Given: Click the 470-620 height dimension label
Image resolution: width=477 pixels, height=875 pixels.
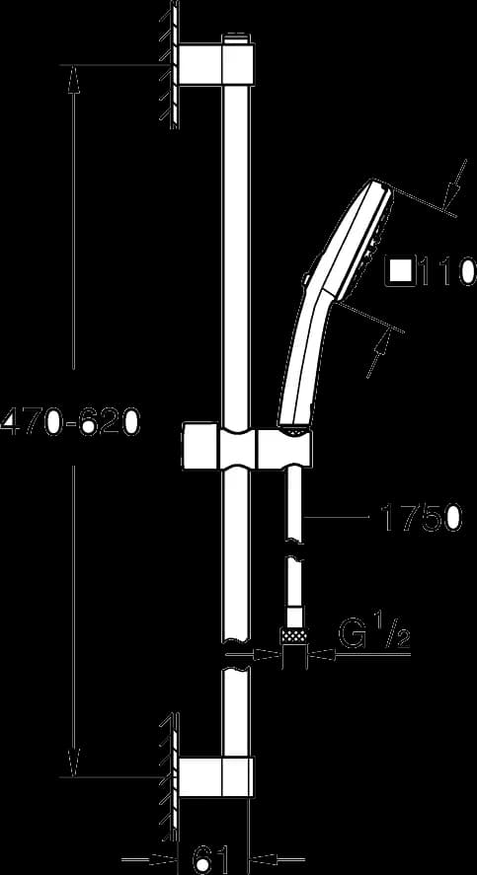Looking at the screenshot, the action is click(x=69, y=420).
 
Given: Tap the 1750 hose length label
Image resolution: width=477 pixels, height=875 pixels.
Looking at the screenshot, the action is click(x=422, y=517).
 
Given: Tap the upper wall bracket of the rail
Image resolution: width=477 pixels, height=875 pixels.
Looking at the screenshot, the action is click(x=216, y=65).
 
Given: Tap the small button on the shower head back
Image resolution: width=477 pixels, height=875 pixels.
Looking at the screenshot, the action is click(x=306, y=278).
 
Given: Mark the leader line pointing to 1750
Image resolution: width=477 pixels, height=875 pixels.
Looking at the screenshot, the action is click(x=335, y=517).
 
